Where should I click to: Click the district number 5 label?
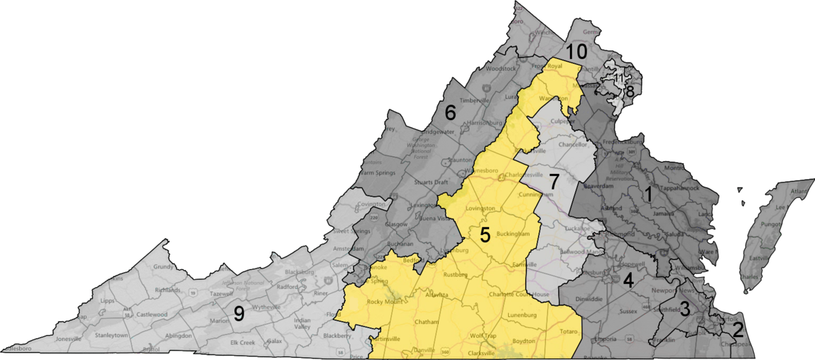click(x=485, y=235)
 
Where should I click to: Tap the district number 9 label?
click(x=239, y=313)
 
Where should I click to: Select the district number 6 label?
click(x=450, y=111)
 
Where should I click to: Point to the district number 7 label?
click(x=554, y=181)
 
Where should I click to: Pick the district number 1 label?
click(x=649, y=195)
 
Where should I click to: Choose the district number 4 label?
click(x=629, y=279)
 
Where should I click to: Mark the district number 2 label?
click(x=738, y=330)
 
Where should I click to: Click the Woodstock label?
click(x=503, y=69)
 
